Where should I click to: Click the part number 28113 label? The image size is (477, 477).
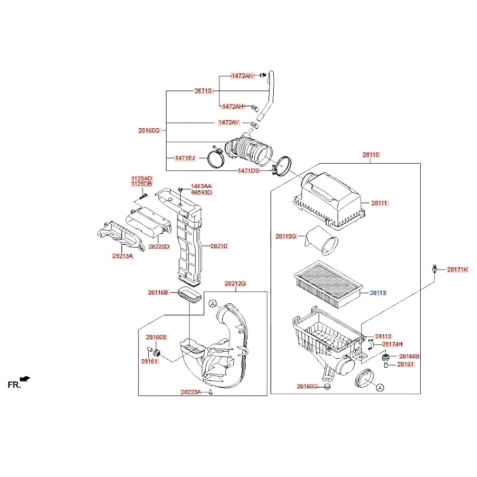click(378, 293)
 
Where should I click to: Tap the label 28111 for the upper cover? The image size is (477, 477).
click(379, 203)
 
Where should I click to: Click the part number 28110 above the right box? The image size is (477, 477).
click(371, 155)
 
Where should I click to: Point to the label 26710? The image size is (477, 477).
click(203, 91)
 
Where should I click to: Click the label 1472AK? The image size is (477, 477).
click(242, 76)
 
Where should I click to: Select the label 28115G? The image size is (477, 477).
click(286, 236)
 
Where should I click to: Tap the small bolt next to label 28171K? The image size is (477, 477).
click(434, 269)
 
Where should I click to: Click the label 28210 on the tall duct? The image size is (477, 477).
click(219, 246)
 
